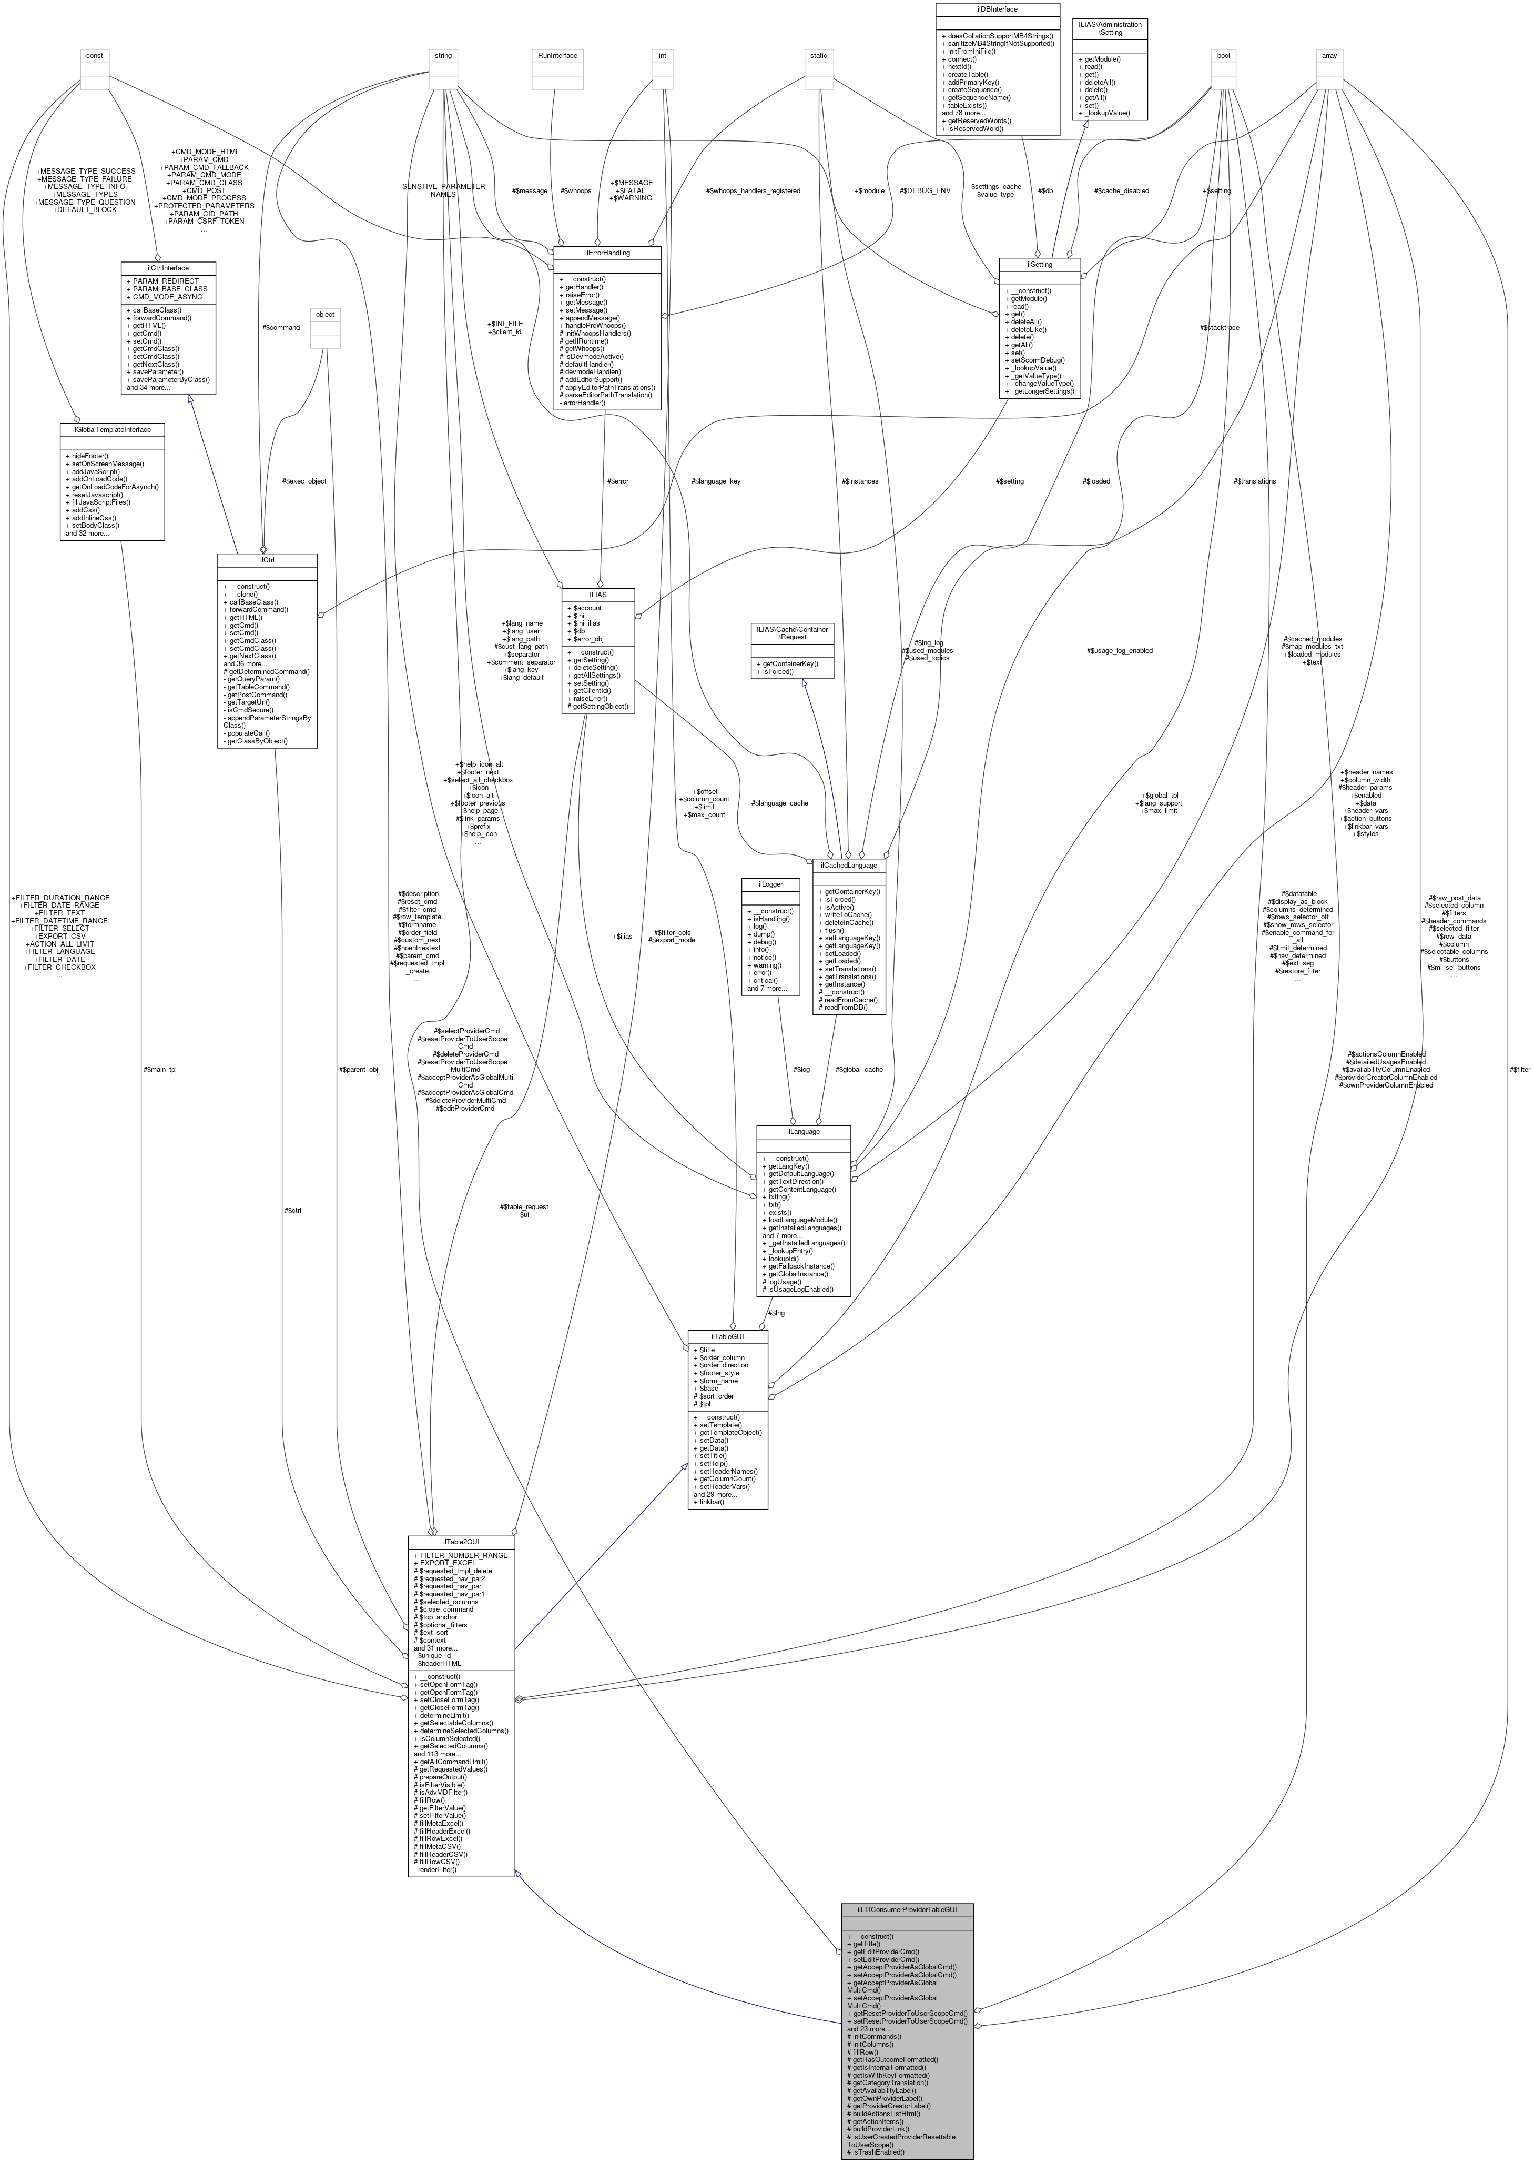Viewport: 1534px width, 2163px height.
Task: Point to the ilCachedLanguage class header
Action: (x=849, y=864)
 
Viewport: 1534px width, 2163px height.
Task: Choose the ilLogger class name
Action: (x=771, y=884)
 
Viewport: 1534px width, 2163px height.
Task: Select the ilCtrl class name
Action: (x=267, y=559)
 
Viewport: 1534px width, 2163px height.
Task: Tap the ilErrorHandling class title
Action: (x=606, y=253)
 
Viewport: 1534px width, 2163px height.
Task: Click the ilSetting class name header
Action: (x=1040, y=265)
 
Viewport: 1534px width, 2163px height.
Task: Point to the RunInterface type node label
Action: (x=556, y=56)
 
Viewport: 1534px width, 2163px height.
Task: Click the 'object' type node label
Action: (x=325, y=315)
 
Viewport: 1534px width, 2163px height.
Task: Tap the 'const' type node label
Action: (x=95, y=56)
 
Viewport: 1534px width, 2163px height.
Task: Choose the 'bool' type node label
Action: (x=1223, y=56)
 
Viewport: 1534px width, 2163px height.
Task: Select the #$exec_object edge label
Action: (x=304, y=481)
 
